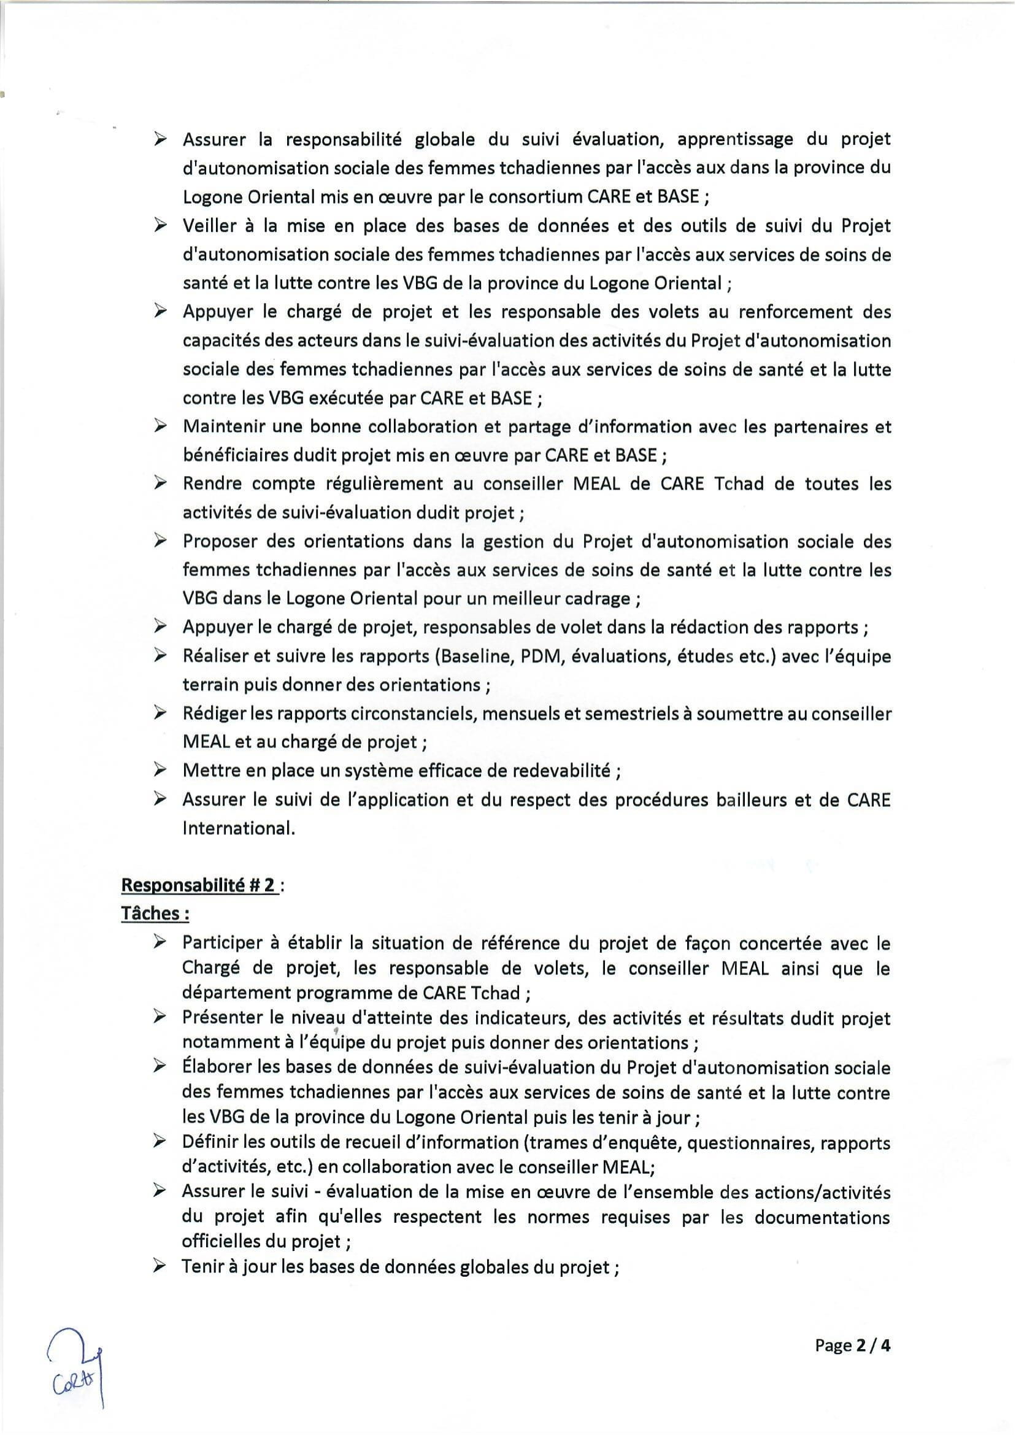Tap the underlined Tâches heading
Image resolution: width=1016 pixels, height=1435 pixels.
[155, 914]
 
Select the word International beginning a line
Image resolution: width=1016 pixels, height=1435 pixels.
[237, 828]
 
